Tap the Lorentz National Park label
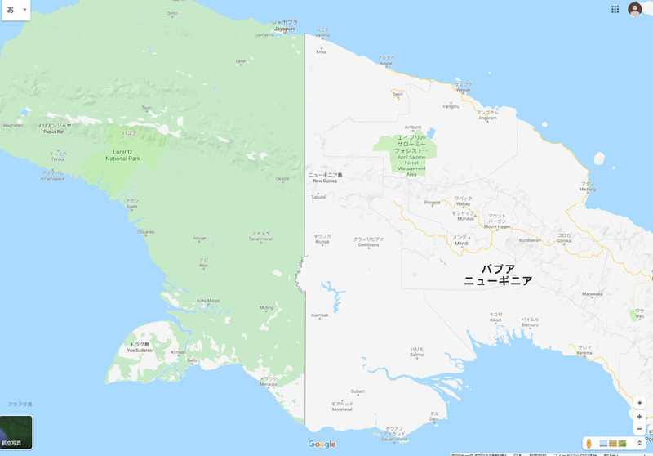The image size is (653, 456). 122,154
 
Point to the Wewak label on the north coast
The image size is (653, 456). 464,87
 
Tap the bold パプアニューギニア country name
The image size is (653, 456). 498,275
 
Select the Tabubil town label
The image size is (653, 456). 318,197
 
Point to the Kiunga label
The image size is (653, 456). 322,239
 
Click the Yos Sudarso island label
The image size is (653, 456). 140,348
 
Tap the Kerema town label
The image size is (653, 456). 584,351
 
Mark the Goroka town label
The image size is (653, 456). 564,239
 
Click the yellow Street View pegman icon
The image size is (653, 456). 589,443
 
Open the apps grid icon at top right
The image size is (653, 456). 615,9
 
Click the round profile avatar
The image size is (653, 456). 635,9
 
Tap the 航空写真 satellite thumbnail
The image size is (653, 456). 16,432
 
